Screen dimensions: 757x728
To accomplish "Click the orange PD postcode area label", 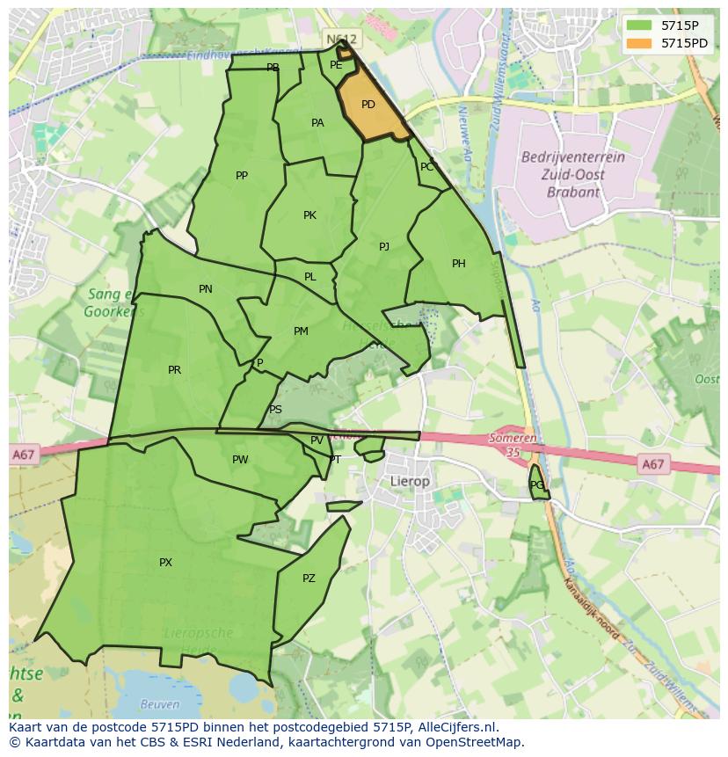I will click(368, 105).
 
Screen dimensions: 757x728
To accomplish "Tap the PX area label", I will click(165, 563).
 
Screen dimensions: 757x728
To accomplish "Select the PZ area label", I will click(309, 579).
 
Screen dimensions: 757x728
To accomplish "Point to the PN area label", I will click(205, 289).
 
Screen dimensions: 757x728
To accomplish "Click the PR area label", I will click(174, 370).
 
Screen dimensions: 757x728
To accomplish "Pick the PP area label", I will click(242, 176).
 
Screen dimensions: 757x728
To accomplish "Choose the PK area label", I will click(309, 215).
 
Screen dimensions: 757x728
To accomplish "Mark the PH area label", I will click(458, 264).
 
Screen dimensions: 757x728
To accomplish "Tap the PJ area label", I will click(384, 247).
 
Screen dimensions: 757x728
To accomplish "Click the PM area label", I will click(301, 331).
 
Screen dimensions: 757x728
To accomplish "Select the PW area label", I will click(240, 460).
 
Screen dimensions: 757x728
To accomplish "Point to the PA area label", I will click(317, 123).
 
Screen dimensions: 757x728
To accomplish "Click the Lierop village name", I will click(410, 482).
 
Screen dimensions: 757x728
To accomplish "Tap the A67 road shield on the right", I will click(652, 464).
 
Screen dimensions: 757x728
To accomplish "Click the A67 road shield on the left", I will click(24, 455).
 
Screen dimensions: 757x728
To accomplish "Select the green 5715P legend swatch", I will click(639, 25).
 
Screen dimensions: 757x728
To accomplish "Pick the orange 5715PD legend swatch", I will click(639, 43).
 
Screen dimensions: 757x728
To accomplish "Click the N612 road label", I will click(341, 40).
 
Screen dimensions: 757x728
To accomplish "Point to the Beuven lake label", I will click(159, 704).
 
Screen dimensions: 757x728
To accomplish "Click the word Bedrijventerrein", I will click(572, 157).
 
